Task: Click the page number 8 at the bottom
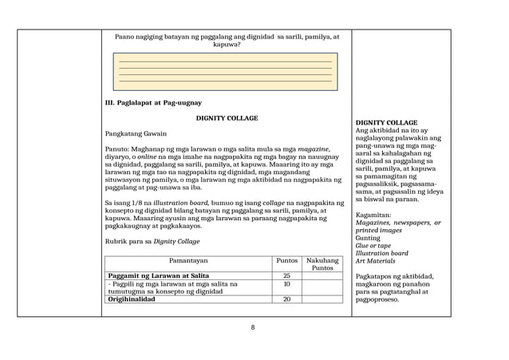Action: tap(252, 327)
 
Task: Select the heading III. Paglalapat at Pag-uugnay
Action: tap(153, 102)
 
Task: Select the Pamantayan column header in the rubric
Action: tap(188, 260)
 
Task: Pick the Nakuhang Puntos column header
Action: tap(322, 264)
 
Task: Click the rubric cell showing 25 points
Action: tap(286, 275)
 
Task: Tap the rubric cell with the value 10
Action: tap(286, 284)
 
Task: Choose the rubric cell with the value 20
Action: tap(286, 299)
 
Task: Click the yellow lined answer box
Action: tap(225, 72)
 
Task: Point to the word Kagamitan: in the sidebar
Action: tap(373, 215)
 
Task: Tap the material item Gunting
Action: tap(368, 238)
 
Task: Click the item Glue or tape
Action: tap(375, 246)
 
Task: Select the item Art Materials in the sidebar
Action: tap(376, 261)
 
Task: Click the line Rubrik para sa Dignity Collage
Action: tap(152, 241)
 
